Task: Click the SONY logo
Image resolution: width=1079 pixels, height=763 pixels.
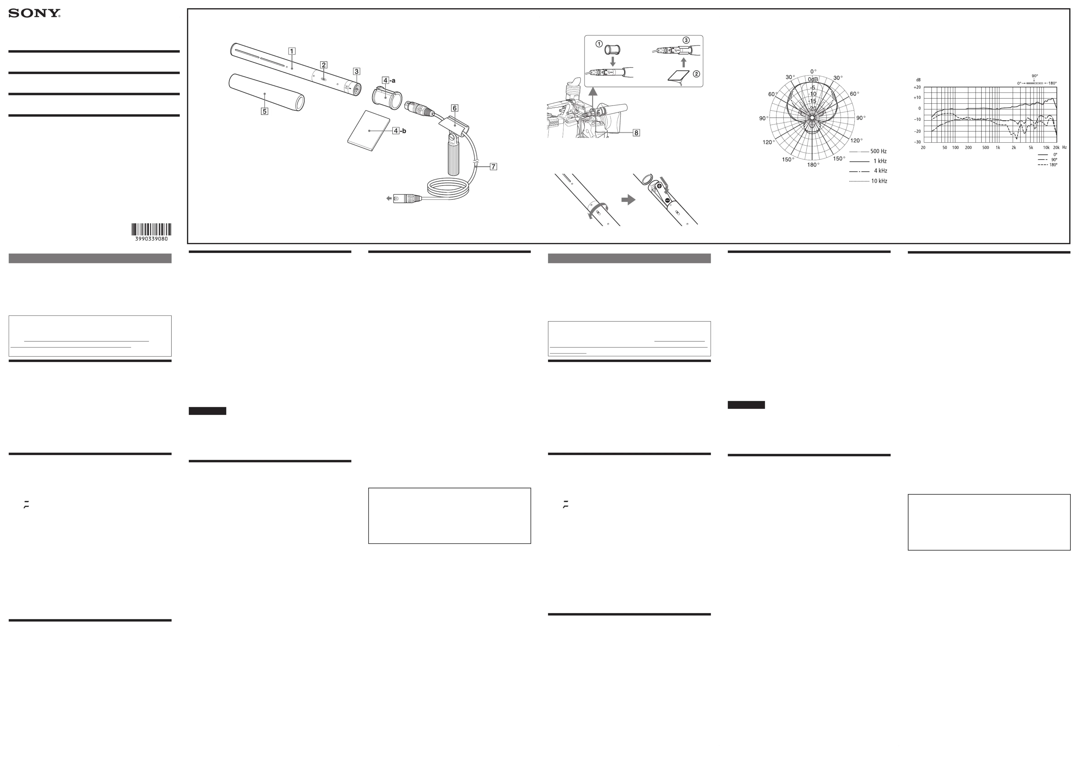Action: tap(34, 14)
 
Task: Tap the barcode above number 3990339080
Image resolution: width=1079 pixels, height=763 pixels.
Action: tap(151, 229)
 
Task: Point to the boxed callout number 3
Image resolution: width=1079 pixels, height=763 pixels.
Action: tap(357, 71)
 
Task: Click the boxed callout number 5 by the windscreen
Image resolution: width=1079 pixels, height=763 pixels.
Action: tap(265, 111)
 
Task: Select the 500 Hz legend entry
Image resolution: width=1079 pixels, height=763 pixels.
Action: tap(868, 151)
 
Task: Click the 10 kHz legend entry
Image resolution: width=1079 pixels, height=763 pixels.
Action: tap(868, 181)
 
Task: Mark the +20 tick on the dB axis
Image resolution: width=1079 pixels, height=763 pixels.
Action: tap(917, 87)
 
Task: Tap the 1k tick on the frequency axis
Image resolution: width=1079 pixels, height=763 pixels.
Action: tap(998, 147)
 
